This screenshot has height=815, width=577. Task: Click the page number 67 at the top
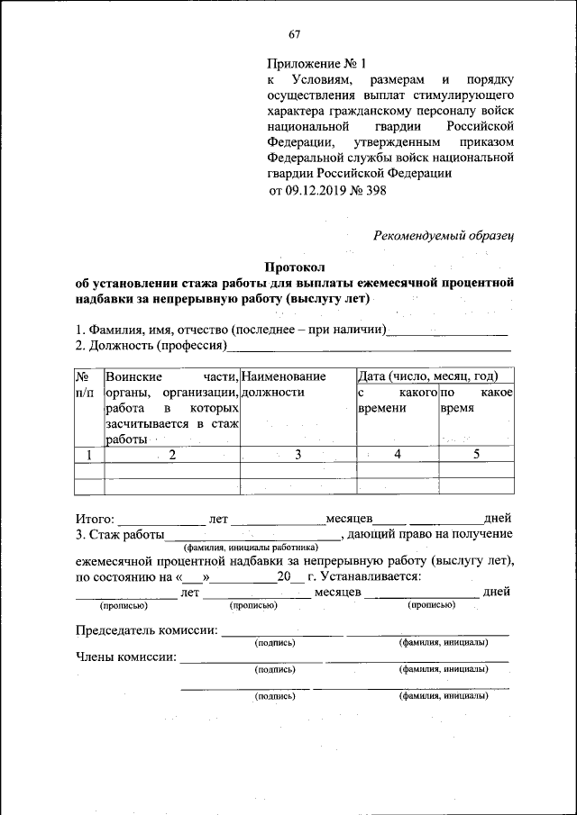(294, 35)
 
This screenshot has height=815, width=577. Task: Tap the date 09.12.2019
(316, 191)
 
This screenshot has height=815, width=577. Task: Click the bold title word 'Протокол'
(294, 267)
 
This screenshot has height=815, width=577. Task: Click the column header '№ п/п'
(87, 384)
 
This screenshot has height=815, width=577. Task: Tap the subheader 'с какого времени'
(397, 401)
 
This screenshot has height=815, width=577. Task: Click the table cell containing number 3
(297, 455)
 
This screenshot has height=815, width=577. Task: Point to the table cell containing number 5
(476, 455)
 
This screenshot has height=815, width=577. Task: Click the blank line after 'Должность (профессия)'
(370, 346)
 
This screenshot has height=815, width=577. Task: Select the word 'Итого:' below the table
(95, 519)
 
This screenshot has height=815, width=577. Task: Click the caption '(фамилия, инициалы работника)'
(251, 547)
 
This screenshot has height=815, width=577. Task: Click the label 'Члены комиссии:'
(125, 657)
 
